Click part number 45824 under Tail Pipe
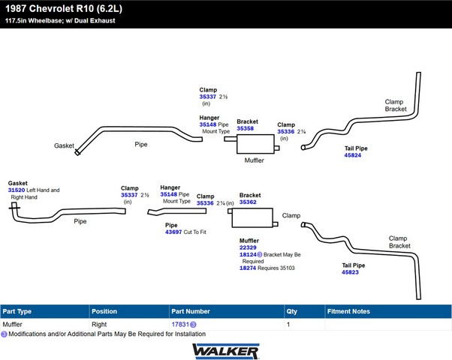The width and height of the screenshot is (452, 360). pos(353,155)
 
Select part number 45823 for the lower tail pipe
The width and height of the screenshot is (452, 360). pos(350,272)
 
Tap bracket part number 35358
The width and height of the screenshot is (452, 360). pos(246,128)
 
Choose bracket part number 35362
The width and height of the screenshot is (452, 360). pos(248,202)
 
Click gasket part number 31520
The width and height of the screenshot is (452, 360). pos(17,190)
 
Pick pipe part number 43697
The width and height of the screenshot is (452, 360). pos(173,232)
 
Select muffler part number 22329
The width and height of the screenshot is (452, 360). pos(248,247)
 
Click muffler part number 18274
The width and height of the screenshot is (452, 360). pos(248,268)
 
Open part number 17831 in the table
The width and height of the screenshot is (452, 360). pos(180,325)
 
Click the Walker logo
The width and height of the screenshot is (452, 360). pos(226,351)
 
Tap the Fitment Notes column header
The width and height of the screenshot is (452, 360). pos(348,311)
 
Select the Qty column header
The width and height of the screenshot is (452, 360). pos(292,311)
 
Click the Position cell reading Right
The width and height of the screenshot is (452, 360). pos(99,325)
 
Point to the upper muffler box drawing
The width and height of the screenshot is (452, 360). pos(255,144)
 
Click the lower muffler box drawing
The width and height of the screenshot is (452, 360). pos(252,217)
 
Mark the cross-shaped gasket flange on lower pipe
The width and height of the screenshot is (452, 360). pos(14,207)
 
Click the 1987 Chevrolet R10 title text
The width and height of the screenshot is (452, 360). pos(64,9)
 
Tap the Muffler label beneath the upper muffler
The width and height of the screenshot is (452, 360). pos(255,160)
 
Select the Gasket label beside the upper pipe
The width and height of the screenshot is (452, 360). pos(64,145)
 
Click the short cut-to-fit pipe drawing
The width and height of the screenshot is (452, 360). pos(177,211)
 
